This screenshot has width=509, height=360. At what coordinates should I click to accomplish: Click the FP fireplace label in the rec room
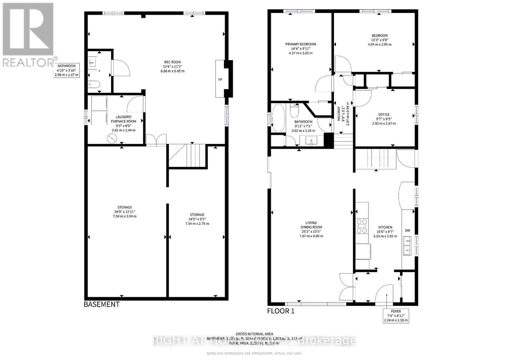220,80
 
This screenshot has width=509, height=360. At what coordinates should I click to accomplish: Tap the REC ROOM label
172,62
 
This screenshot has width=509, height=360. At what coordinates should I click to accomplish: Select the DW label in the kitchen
408,231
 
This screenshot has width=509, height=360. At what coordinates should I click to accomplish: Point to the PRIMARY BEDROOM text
300,44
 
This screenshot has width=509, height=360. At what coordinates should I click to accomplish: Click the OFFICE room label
384,114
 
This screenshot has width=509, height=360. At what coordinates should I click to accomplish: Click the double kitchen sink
407,246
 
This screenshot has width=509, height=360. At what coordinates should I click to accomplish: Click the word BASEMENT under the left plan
101,304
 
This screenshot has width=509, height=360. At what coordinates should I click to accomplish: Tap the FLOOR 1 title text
281,311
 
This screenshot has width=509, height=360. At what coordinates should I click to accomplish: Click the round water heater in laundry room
112,138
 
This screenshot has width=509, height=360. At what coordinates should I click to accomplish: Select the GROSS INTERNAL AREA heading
254,334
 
